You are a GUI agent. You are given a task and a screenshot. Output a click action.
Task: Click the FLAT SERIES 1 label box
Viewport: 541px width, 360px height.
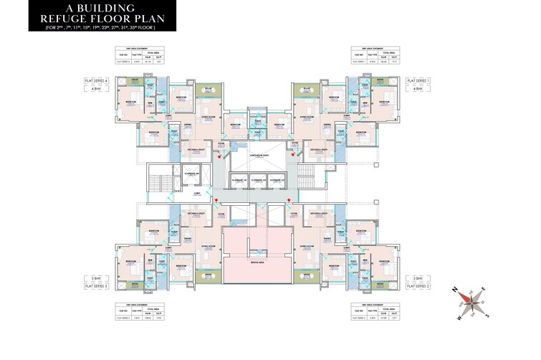417,81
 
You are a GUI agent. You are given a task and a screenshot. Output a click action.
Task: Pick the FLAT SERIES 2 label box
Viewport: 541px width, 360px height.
417,286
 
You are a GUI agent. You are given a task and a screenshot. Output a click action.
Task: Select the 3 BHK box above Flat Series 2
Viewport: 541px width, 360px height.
417,277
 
